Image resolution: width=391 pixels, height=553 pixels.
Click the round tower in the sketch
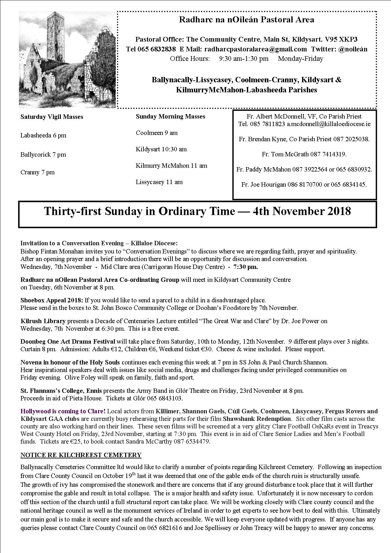pyautogui.click(x=55, y=35)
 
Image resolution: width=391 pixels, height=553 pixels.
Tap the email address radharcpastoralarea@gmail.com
pyautogui.click(x=255, y=49)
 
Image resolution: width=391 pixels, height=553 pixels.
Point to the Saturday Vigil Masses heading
pyautogui.click(x=52, y=117)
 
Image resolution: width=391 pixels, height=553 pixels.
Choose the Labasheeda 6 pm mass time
pyautogui.click(x=43, y=136)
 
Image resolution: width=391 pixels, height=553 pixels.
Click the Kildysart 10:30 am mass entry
pyautogui.click(x=161, y=149)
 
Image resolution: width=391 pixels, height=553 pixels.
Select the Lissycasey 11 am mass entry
pyautogui.click(x=159, y=182)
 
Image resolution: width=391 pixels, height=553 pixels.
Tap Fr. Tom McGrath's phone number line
pyautogui.click(x=304, y=154)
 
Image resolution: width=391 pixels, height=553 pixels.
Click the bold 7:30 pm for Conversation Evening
pyautogui.click(x=245, y=267)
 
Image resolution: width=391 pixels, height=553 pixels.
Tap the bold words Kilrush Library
pyautogui.click(x=43, y=321)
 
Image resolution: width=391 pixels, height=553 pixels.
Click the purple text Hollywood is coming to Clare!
pyautogui.click(x=63, y=411)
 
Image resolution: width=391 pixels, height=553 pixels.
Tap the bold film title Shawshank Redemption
pyautogui.click(x=257, y=419)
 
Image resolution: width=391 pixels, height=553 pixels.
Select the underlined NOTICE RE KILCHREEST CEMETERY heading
pyautogui.click(x=81, y=455)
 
